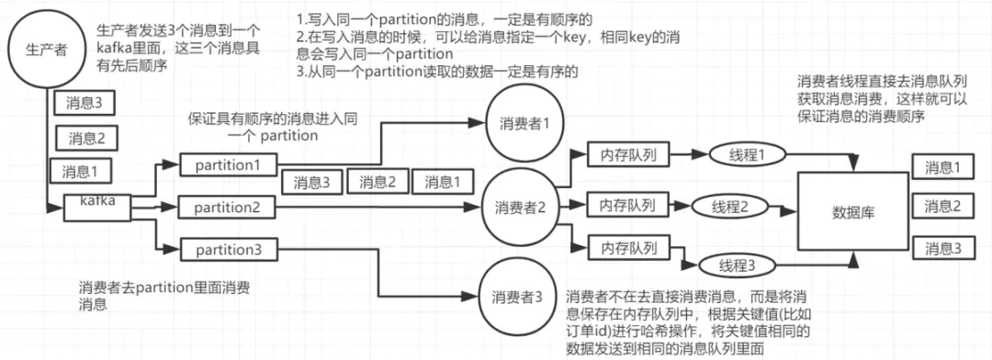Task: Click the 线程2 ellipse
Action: [733, 207]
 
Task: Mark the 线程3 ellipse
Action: [735, 267]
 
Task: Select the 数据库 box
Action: [851, 212]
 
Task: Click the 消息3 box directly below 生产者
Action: [84, 104]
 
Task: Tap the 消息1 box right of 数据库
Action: [943, 167]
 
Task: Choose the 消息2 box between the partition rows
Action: [377, 183]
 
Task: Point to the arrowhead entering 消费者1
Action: [483, 124]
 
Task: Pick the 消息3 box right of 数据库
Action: [943, 249]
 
